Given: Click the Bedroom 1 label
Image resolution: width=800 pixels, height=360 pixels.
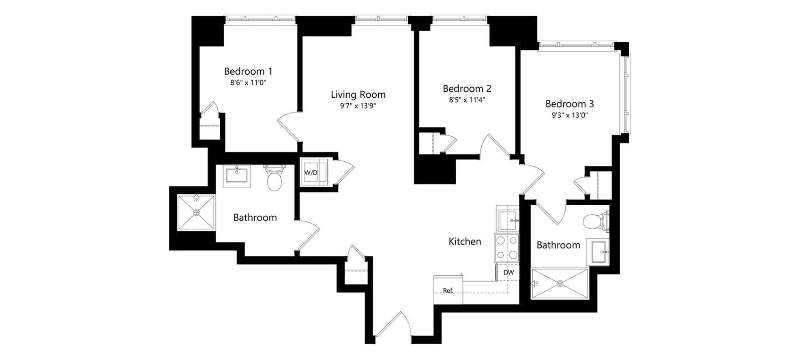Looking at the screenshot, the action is [248, 71].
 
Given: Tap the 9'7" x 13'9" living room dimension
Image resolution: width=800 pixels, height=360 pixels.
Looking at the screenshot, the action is [358, 106].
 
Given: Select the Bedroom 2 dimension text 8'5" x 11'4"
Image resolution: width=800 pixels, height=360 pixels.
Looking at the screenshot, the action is [467, 100].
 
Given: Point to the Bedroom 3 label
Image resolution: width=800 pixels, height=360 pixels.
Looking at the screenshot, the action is [569, 104].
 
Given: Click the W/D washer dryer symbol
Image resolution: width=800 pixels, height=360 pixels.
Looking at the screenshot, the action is [314, 172].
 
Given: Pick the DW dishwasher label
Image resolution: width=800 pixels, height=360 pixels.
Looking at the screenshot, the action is [508, 272].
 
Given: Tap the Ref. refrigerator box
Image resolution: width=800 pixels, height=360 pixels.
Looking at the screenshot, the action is [448, 290].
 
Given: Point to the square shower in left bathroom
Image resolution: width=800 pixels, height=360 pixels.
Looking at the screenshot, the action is [196, 212].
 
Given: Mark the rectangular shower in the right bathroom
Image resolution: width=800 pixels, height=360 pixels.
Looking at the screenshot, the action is [560, 283].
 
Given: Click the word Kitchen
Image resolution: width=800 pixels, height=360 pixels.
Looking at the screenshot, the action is [465, 242].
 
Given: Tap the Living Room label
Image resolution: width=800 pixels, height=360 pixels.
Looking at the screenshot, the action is [358, 94].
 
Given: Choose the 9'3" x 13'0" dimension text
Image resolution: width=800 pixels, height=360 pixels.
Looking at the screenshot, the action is [570, 115].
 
